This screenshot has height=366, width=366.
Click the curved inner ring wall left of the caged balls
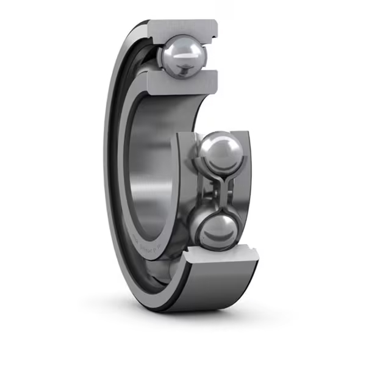pyautogui.click(x=183, y=183)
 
